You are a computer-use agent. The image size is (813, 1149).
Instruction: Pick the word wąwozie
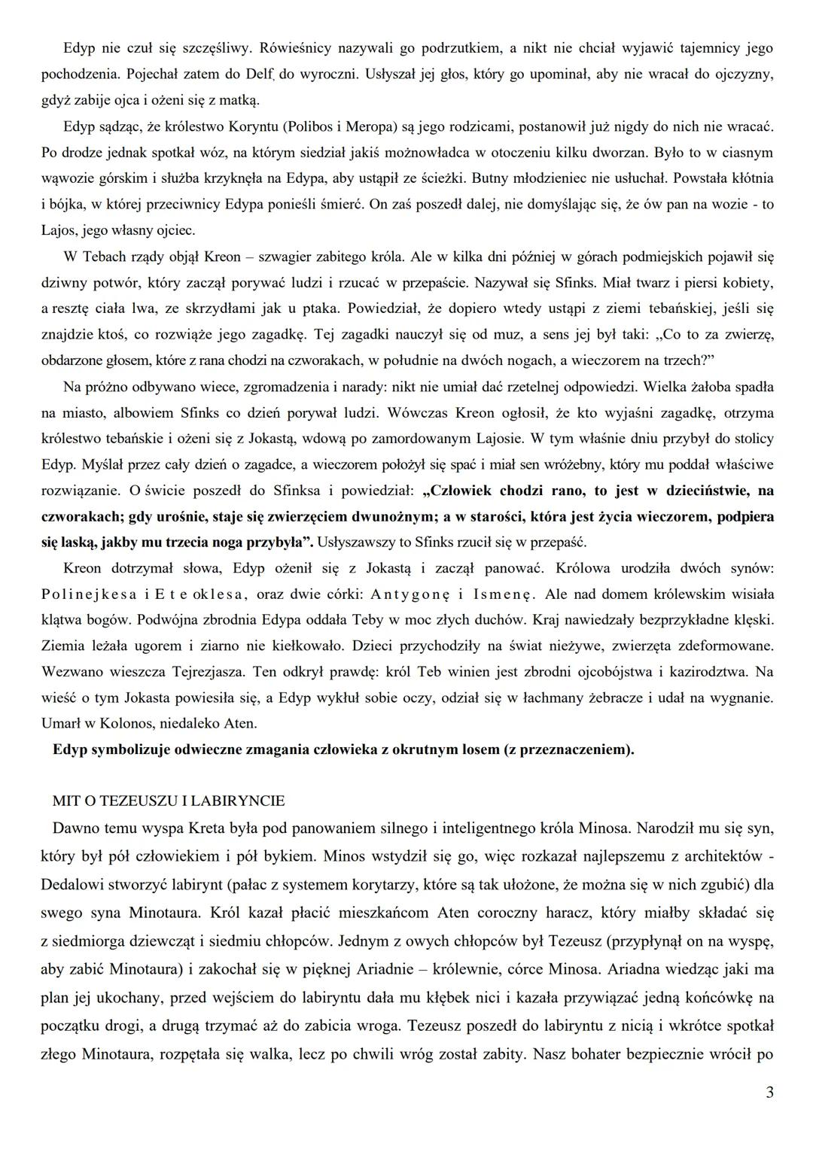(68, 179)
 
